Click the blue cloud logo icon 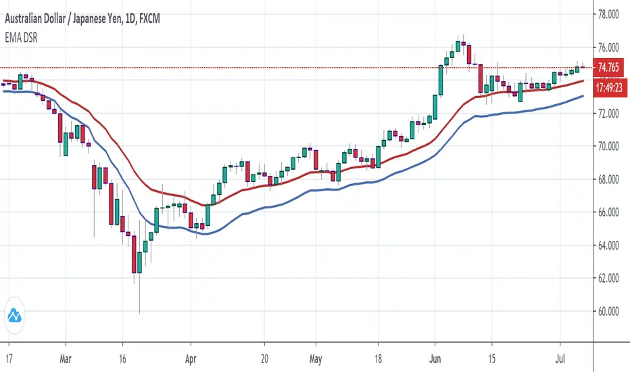(14, 315)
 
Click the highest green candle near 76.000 (458, 47)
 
